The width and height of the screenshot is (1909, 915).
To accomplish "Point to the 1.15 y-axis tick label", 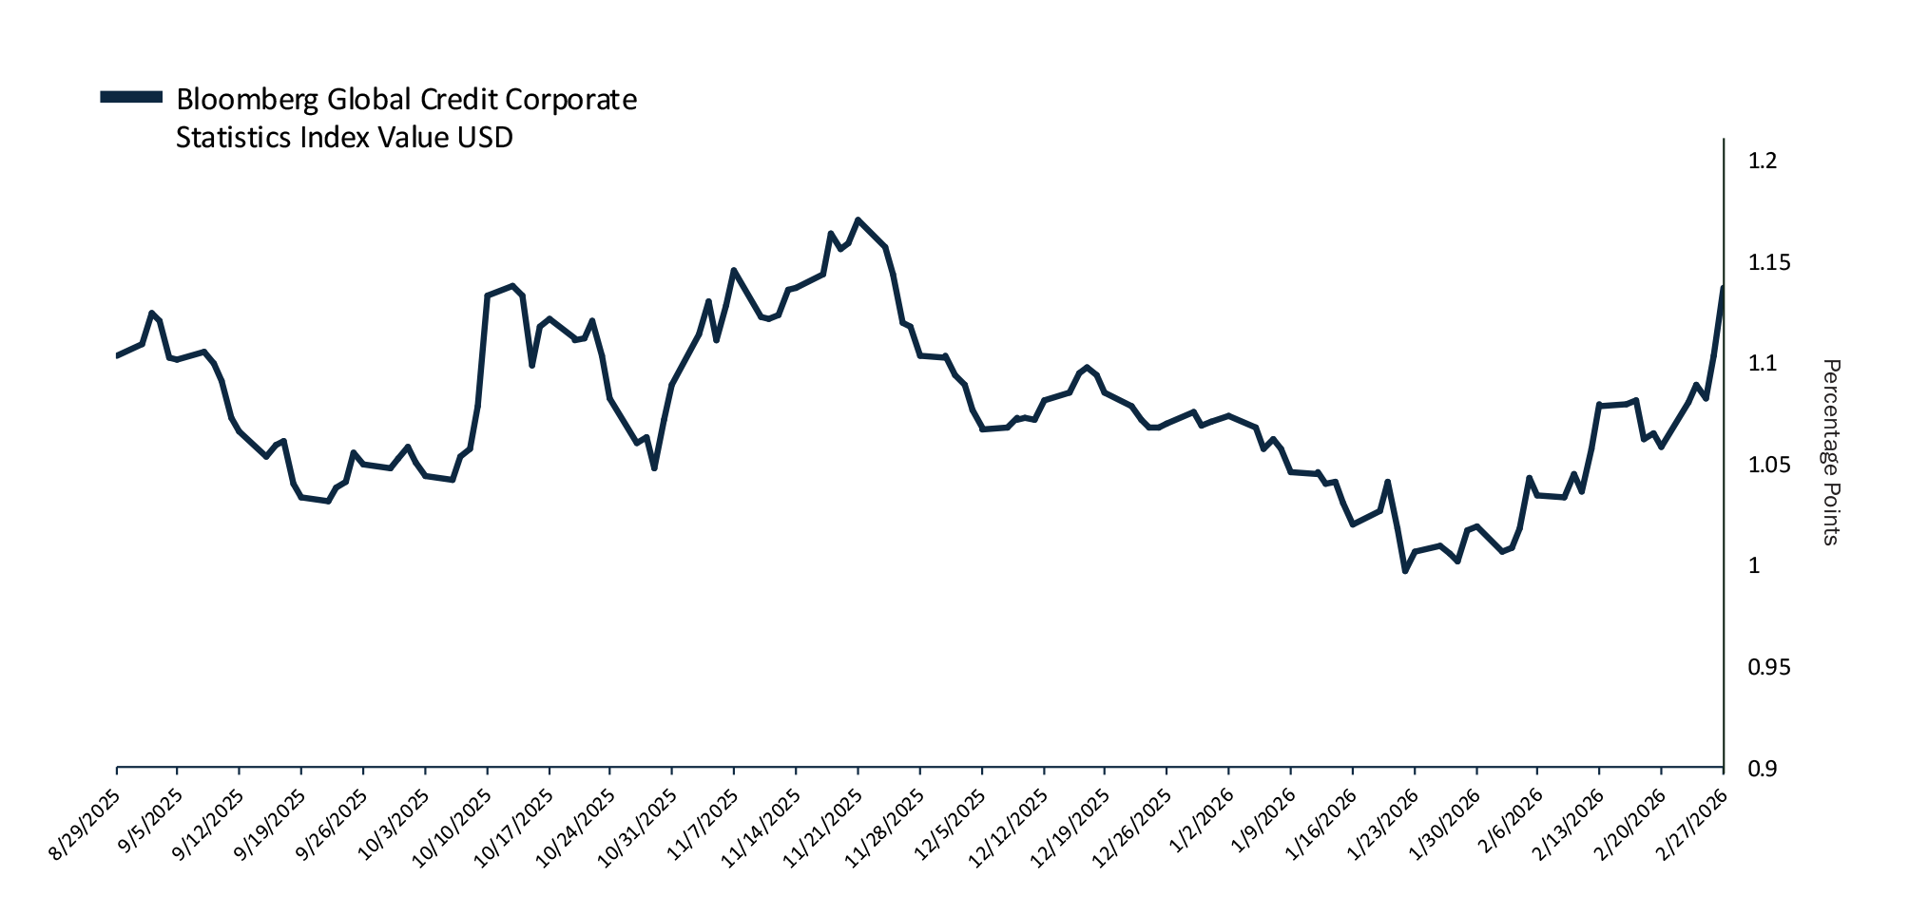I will pyautogui.click(x=1768, y=262).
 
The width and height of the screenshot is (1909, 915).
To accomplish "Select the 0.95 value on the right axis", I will pyautogui.click(x=1768, y=667).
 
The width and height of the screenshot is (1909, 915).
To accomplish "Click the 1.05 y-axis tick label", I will pyautogui.click(x=1768, y=465).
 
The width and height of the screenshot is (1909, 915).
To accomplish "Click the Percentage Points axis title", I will pyautogui.click(x=1830, y=452).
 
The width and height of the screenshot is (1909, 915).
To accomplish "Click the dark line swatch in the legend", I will pyautogui.click(x=132, y=96).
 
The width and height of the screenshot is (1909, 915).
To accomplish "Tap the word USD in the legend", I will pyautogui.click(x=485, y=138).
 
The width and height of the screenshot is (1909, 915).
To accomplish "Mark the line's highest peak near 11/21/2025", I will pyautogui.click(x=858, y=219).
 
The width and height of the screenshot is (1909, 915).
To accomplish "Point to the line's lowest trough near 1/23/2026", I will pyautogui.click(x=1405, y=571).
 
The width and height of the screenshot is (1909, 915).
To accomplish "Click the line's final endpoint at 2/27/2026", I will pyautogui.click(x=1723, y=287).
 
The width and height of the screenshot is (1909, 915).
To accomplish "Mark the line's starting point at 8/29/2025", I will pyautogui.click(x=117, y=355).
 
